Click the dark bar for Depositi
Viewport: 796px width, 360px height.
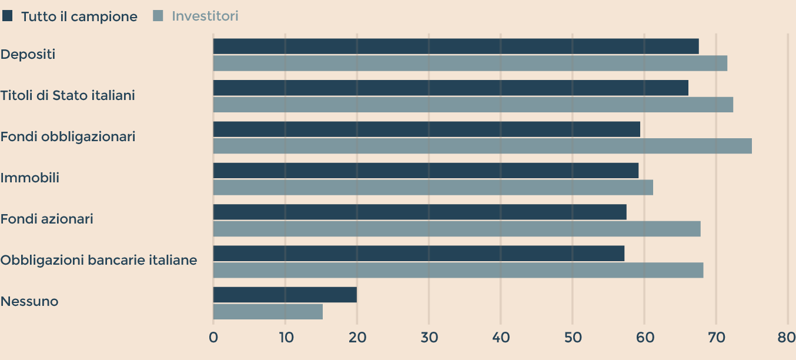(456, 46)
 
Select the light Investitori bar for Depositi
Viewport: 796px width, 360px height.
(470, 63)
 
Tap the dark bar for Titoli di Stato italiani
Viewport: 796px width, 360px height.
(450, 88)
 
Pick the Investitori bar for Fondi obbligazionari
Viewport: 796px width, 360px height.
(482, 146)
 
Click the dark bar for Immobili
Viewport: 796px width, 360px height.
(426, 171)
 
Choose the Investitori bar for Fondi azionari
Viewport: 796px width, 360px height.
(457, 228)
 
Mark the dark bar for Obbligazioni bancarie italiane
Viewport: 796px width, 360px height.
(419, 254)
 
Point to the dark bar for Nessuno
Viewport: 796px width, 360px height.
(285, 295)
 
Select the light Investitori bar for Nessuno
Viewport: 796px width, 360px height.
(267, 312)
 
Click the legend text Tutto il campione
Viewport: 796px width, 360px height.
(79, 16)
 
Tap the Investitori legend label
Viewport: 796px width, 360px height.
(205, 16)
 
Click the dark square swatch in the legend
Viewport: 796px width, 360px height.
(8, 16)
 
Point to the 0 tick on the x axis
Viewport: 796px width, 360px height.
(213, 338)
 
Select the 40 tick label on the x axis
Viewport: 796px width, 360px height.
(501, 338)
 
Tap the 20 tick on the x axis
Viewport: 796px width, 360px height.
(357, 338)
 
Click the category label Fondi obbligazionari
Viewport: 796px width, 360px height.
(68, 136)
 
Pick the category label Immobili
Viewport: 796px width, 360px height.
(30, 178)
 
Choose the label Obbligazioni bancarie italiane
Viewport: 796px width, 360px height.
(99, 260)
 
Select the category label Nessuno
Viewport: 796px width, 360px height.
(29, 302)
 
